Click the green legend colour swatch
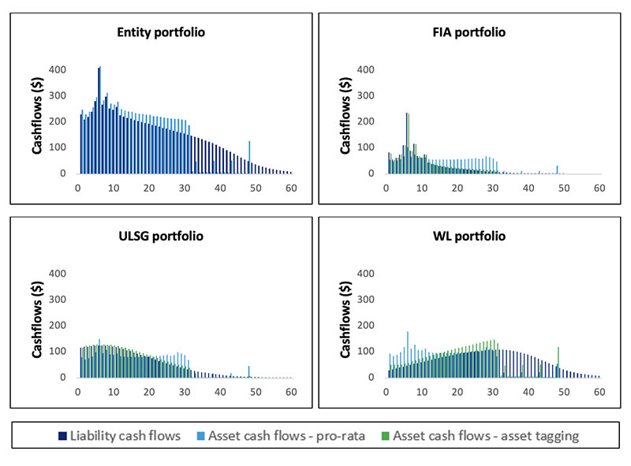pos(386,435)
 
